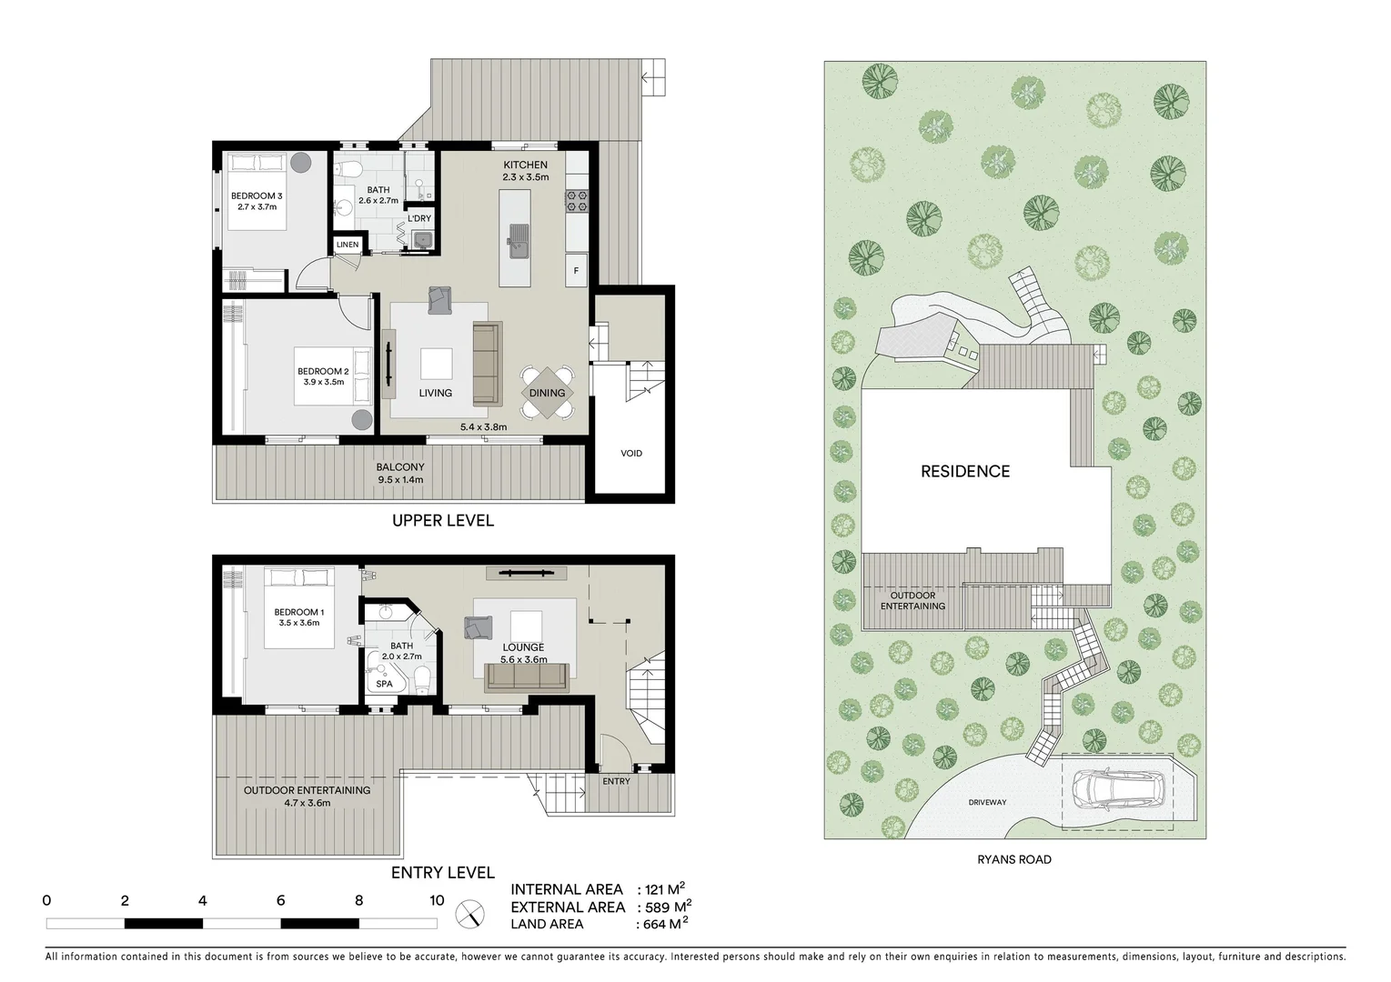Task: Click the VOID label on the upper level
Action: pos(631,453)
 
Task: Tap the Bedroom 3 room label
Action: pos(257,195)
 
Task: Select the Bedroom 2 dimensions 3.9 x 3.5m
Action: pos(324,382)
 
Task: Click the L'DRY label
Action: pos(419,218)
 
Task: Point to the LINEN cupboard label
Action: pos(348,245)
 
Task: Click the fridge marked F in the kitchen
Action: pos(576,270)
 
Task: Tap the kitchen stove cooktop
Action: pos(578,201)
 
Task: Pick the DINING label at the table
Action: pos(547,393)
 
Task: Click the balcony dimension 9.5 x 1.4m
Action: pos(400,479)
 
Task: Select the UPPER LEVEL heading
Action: pos(443,520)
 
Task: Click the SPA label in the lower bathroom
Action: pos(384,684)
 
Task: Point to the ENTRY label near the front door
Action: pos(616,781)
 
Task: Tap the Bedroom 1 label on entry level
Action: pos(298,612)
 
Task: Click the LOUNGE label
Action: pos(524,647)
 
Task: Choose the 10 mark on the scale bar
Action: pos(437,901)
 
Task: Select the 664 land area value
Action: pos(660,925)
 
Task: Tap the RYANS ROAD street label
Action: pos(1015,859)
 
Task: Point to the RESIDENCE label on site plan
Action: pos(965,471)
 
